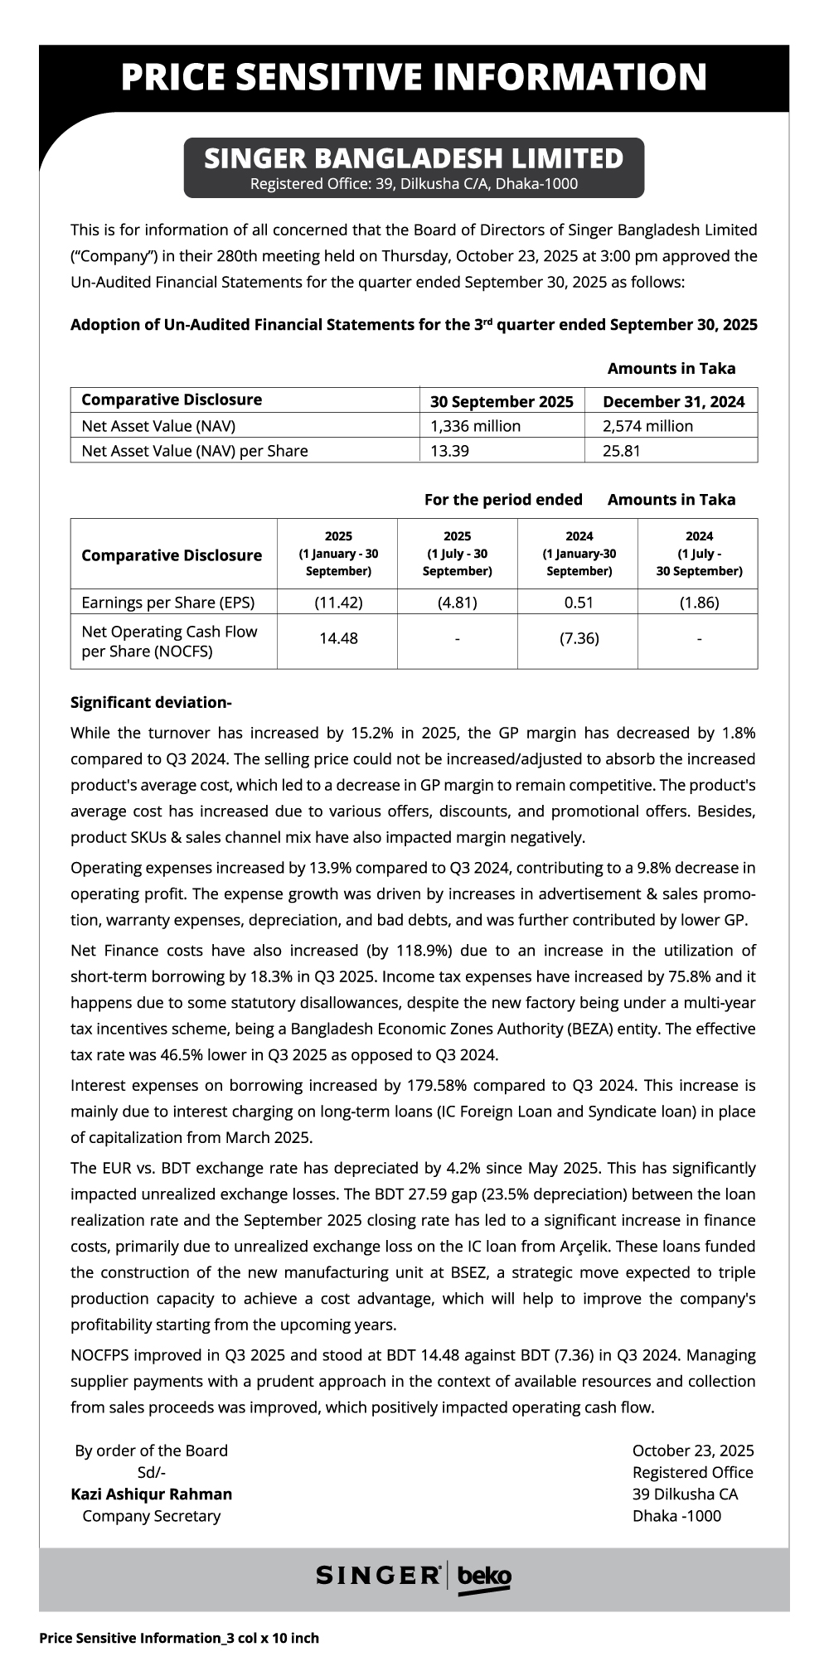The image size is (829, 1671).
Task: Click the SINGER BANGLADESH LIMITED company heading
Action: [414, 158]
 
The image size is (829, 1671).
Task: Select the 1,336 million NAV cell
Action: [476, 426]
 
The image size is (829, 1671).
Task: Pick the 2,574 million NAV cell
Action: [648, 426]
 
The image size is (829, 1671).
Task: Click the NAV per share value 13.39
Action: [448, 451]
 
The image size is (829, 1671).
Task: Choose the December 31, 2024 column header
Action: [673, 402]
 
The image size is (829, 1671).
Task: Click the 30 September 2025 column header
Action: [502, 402]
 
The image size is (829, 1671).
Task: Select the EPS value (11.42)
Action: [338, 603]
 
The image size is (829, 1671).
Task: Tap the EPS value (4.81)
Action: [458, 603]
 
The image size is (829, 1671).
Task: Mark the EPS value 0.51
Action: [579, 603]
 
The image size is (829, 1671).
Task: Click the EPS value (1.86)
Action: [699, 603]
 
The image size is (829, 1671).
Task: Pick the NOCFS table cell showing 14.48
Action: [338, 638]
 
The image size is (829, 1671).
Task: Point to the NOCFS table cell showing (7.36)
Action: [579, 638]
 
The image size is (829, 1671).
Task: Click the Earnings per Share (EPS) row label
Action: [168, 603]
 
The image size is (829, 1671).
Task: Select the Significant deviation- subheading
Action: [151, 703]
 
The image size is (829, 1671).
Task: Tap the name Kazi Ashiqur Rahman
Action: [152, 1494]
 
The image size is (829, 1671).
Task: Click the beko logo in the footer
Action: [484, 1576]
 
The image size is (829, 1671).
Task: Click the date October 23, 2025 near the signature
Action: [693, 1451]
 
